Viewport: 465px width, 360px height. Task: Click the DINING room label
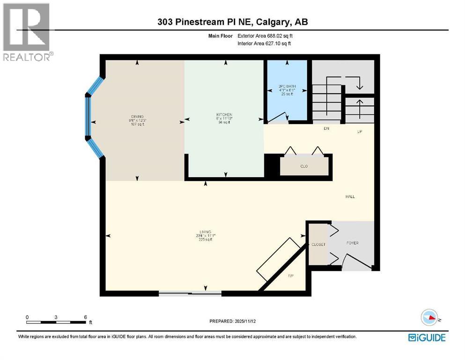pos(137,117)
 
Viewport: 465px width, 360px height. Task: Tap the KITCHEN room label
pos(224,115)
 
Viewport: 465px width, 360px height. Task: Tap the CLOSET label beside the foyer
pos(318,245)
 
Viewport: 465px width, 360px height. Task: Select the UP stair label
pos(360,132)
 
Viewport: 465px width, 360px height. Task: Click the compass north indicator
pos(429,319)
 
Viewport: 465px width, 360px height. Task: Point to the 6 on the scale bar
pos(85,317)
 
